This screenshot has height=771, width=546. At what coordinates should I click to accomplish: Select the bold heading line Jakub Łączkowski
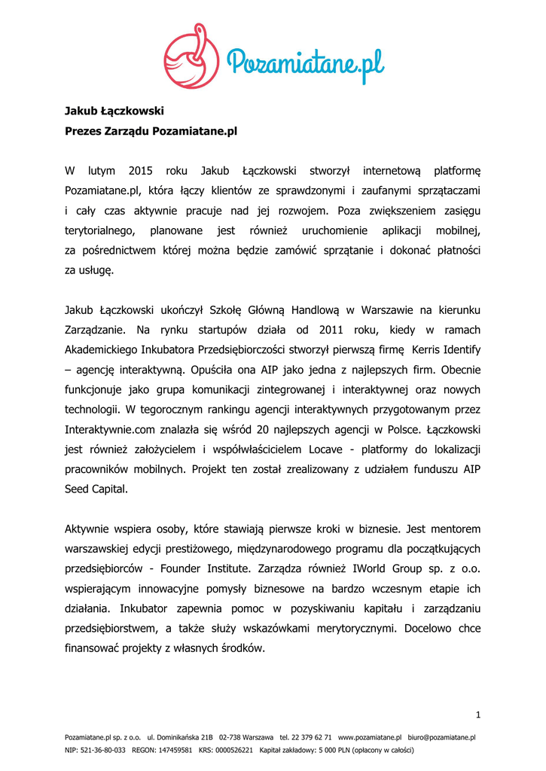(x=114, y=111)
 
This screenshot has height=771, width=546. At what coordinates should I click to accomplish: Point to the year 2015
(x=141, y=170)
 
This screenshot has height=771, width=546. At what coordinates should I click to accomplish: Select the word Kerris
(x=426, y=349)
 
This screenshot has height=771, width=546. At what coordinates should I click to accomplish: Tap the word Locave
(x=326, y=449)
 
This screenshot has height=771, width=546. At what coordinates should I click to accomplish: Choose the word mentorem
(x=455, y=529)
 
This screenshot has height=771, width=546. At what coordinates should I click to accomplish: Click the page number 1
(x=478, y=715)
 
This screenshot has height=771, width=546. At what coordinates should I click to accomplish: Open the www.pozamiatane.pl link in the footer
(x=370, y=738)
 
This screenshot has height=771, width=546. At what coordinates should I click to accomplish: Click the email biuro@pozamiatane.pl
(x=441, y=738)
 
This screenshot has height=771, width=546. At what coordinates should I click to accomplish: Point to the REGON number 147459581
(x=175, y=750)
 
